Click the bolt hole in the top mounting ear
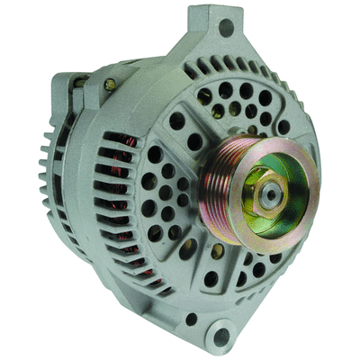coord(226,27)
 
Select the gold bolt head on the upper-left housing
coord(111,84)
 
